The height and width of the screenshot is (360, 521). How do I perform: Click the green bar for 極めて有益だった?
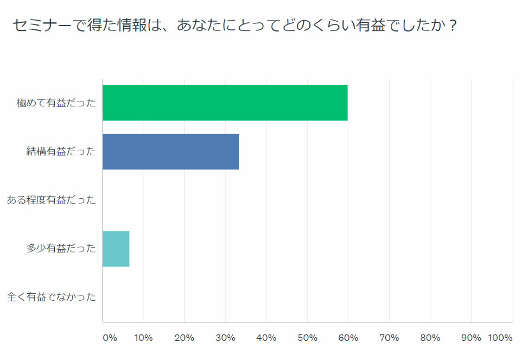point(225,103)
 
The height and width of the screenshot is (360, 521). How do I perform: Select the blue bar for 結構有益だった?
point(170,151)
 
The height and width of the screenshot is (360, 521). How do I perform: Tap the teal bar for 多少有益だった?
point(116,249)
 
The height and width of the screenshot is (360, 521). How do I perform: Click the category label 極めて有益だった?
point(56,103)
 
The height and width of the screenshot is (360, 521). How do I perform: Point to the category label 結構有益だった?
point(61,151)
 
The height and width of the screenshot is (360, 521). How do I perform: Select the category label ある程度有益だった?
point(51,200)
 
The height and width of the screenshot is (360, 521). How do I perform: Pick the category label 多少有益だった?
point(61,249)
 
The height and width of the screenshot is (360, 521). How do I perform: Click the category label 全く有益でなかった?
point(51,297)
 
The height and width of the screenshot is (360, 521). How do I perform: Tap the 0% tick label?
point(110,338)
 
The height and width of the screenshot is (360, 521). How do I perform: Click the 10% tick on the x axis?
point(144,338)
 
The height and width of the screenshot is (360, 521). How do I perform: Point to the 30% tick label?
point(225,338)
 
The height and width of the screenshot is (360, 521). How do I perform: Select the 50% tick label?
point(307,338)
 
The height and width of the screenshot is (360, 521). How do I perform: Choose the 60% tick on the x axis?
point(348,338)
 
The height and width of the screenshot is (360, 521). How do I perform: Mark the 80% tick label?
point(430,338)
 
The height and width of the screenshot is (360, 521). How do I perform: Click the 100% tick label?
point(500,338)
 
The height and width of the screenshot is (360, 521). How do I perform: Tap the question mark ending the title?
point(449,25)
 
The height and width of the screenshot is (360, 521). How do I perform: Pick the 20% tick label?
point(185,338)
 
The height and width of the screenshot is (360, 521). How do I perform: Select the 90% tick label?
point(471,338)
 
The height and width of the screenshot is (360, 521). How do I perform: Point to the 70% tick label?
point(389,338)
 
